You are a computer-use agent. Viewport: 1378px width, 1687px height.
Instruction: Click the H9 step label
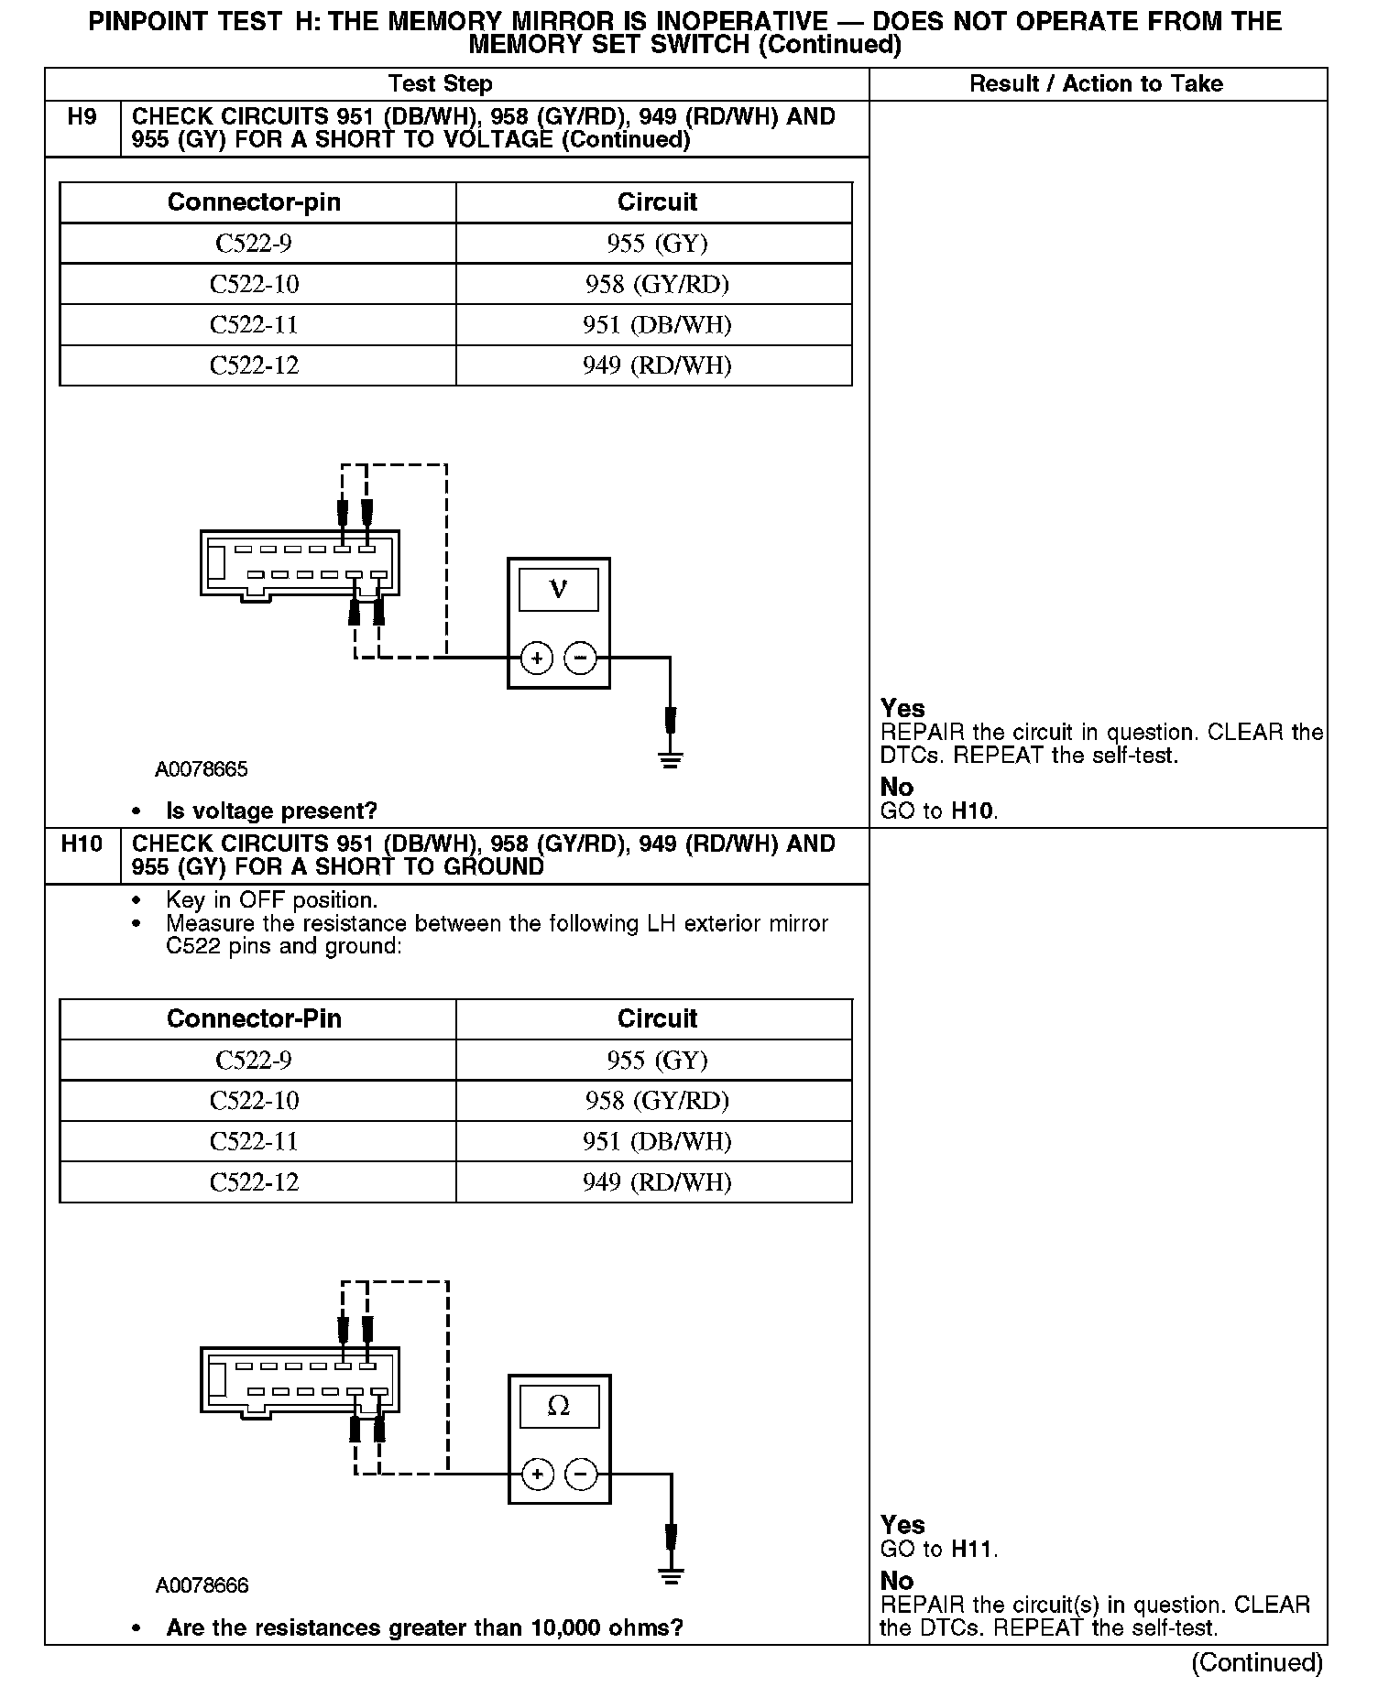coord(82,117)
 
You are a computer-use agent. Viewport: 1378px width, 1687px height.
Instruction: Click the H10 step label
coord(82,843)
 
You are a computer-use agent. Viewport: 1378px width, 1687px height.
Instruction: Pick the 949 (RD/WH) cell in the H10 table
coord(657,1182)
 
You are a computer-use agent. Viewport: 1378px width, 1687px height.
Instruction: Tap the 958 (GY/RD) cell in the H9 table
coord(657,284)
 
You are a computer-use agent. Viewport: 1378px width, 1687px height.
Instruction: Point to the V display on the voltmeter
coord(558,590)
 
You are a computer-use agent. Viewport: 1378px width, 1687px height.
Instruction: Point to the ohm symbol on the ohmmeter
coord(558,1407)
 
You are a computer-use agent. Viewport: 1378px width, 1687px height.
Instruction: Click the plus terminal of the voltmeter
coord(537,658)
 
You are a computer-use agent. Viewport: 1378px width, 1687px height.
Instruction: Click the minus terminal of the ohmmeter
coord(581,1475)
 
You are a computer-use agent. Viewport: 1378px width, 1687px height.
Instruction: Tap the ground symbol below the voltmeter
coord(671,758)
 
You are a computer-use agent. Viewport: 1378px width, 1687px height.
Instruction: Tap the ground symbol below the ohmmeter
coord(671,1575)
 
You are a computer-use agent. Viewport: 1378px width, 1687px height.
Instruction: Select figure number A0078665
coord(202,769)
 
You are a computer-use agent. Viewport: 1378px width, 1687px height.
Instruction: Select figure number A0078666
coord(202,1585)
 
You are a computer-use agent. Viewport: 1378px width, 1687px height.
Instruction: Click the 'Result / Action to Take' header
coord(1096,84)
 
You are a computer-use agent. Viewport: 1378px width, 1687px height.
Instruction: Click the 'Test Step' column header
coord(440,84)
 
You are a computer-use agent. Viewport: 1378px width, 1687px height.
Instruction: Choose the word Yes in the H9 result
coord(902,709)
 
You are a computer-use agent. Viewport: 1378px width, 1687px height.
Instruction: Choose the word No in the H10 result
coord(897,1582)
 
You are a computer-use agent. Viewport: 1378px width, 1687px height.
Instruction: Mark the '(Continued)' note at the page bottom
coord(1257,1662)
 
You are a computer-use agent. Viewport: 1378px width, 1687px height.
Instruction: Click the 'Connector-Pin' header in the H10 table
coord(254,1019)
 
